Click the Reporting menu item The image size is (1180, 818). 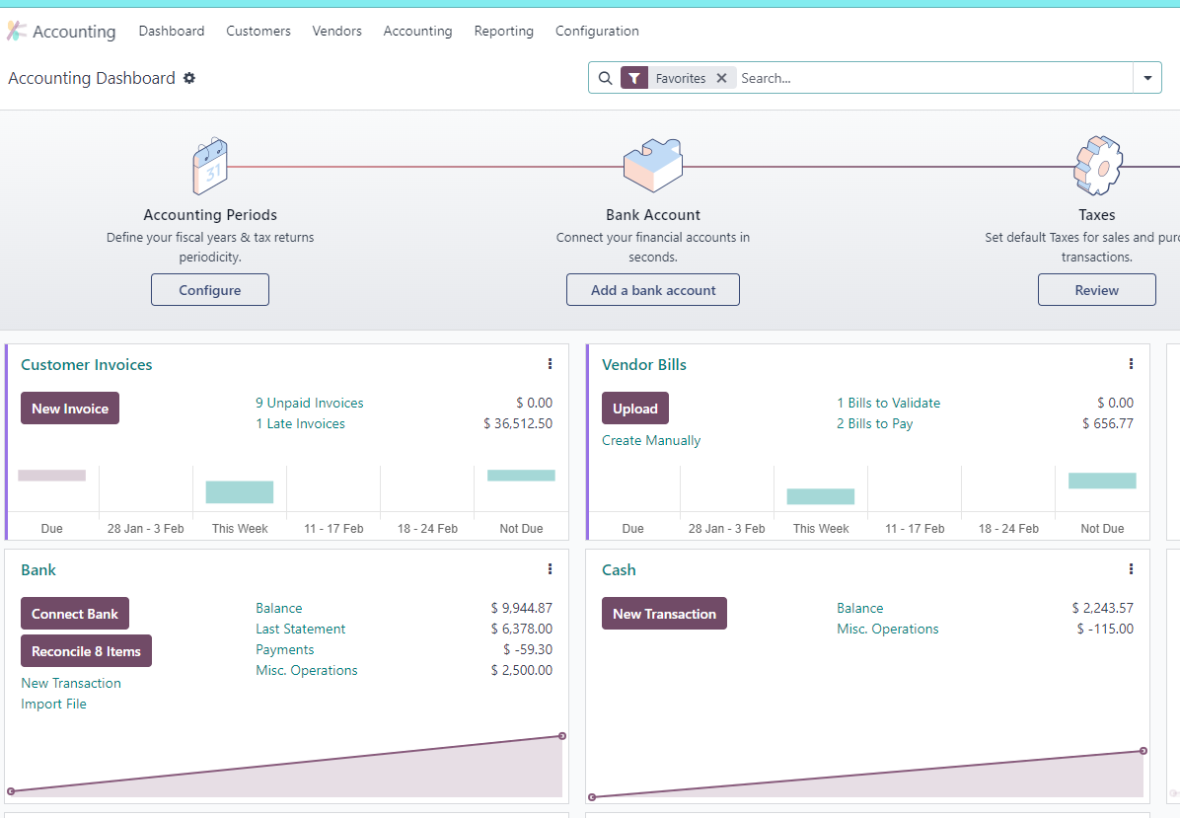pos(503,31)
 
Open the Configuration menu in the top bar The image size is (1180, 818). pos(597,31)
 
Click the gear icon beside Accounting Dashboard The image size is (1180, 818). pos(189,78)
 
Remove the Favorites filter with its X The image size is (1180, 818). pos(721,78)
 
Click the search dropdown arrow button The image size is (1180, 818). pos(1147,78)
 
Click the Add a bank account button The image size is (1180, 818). pos(653,290)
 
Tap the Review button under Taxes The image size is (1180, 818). pos(1096,290)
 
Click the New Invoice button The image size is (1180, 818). pos(70,408)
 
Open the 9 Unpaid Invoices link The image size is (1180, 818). pos(309,403)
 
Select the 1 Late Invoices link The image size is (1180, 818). pos(300,423)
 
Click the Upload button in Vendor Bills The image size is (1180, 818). pos(635,408)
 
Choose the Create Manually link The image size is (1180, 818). pos(651,440)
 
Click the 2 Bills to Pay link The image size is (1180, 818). pos(874,423)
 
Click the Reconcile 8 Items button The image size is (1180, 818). pos(87,651)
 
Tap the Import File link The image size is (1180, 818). pos(53,704)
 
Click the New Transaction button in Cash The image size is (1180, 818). pos(665,614)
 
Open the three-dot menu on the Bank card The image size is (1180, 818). pos(551,569)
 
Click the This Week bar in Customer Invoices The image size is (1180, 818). pos(240,492)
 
